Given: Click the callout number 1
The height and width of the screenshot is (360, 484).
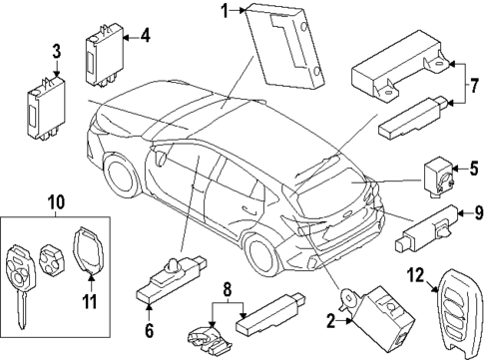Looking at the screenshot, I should (226, 11).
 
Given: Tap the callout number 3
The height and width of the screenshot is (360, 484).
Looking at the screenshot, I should (56, 50).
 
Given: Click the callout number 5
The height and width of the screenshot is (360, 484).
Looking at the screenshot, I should (475, 168).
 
